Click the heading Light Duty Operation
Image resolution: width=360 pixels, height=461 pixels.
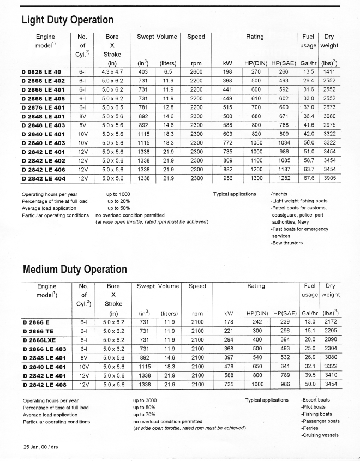(67, 20)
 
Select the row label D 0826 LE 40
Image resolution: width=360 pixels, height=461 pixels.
(41, 71)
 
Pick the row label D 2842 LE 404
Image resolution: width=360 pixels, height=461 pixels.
(43, 178)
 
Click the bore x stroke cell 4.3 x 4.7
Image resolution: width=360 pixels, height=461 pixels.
(113, 71)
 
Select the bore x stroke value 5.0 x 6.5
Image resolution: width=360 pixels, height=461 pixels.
(113, 109)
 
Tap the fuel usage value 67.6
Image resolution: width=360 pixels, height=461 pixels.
(309, 178)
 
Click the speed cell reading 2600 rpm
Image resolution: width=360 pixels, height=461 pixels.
(196, 71)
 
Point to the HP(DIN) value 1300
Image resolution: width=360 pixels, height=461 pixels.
(256, 178)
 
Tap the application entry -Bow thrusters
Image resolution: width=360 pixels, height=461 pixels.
(287, 243)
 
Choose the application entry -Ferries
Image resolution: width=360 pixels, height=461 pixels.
(309, 428)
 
